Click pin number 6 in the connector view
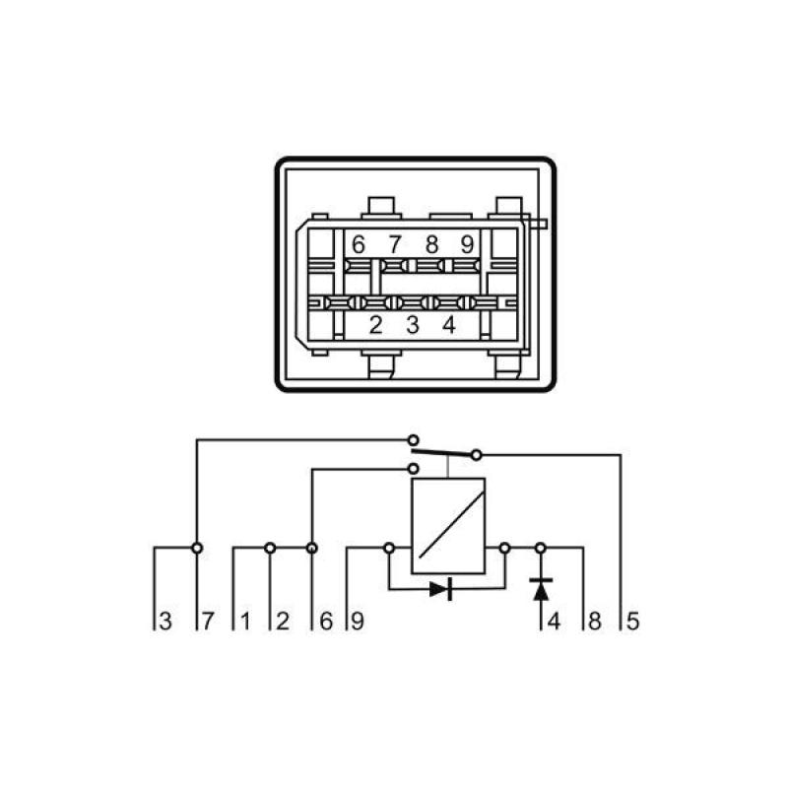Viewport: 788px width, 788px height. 359,243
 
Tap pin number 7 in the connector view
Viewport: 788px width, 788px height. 395,243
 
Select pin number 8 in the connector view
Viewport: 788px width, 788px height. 431,243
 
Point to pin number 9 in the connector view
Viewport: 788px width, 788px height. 467,243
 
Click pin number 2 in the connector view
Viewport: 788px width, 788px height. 375,324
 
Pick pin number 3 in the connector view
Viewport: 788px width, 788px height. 413,324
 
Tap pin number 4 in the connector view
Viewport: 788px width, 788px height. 449,324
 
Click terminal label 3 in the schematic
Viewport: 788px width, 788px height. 166,622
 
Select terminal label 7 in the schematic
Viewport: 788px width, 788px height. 206,622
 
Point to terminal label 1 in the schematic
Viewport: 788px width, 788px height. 243,622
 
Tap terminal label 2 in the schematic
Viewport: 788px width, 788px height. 282,622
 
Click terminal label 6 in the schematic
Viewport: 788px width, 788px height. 325,622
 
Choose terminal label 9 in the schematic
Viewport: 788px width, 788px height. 358,622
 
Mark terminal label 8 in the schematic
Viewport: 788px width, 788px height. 593,622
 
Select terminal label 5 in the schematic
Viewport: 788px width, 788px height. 632,622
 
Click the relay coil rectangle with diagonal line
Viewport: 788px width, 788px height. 448,524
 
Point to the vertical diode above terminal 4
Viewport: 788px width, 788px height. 540,589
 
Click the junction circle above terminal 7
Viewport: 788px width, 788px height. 197,547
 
